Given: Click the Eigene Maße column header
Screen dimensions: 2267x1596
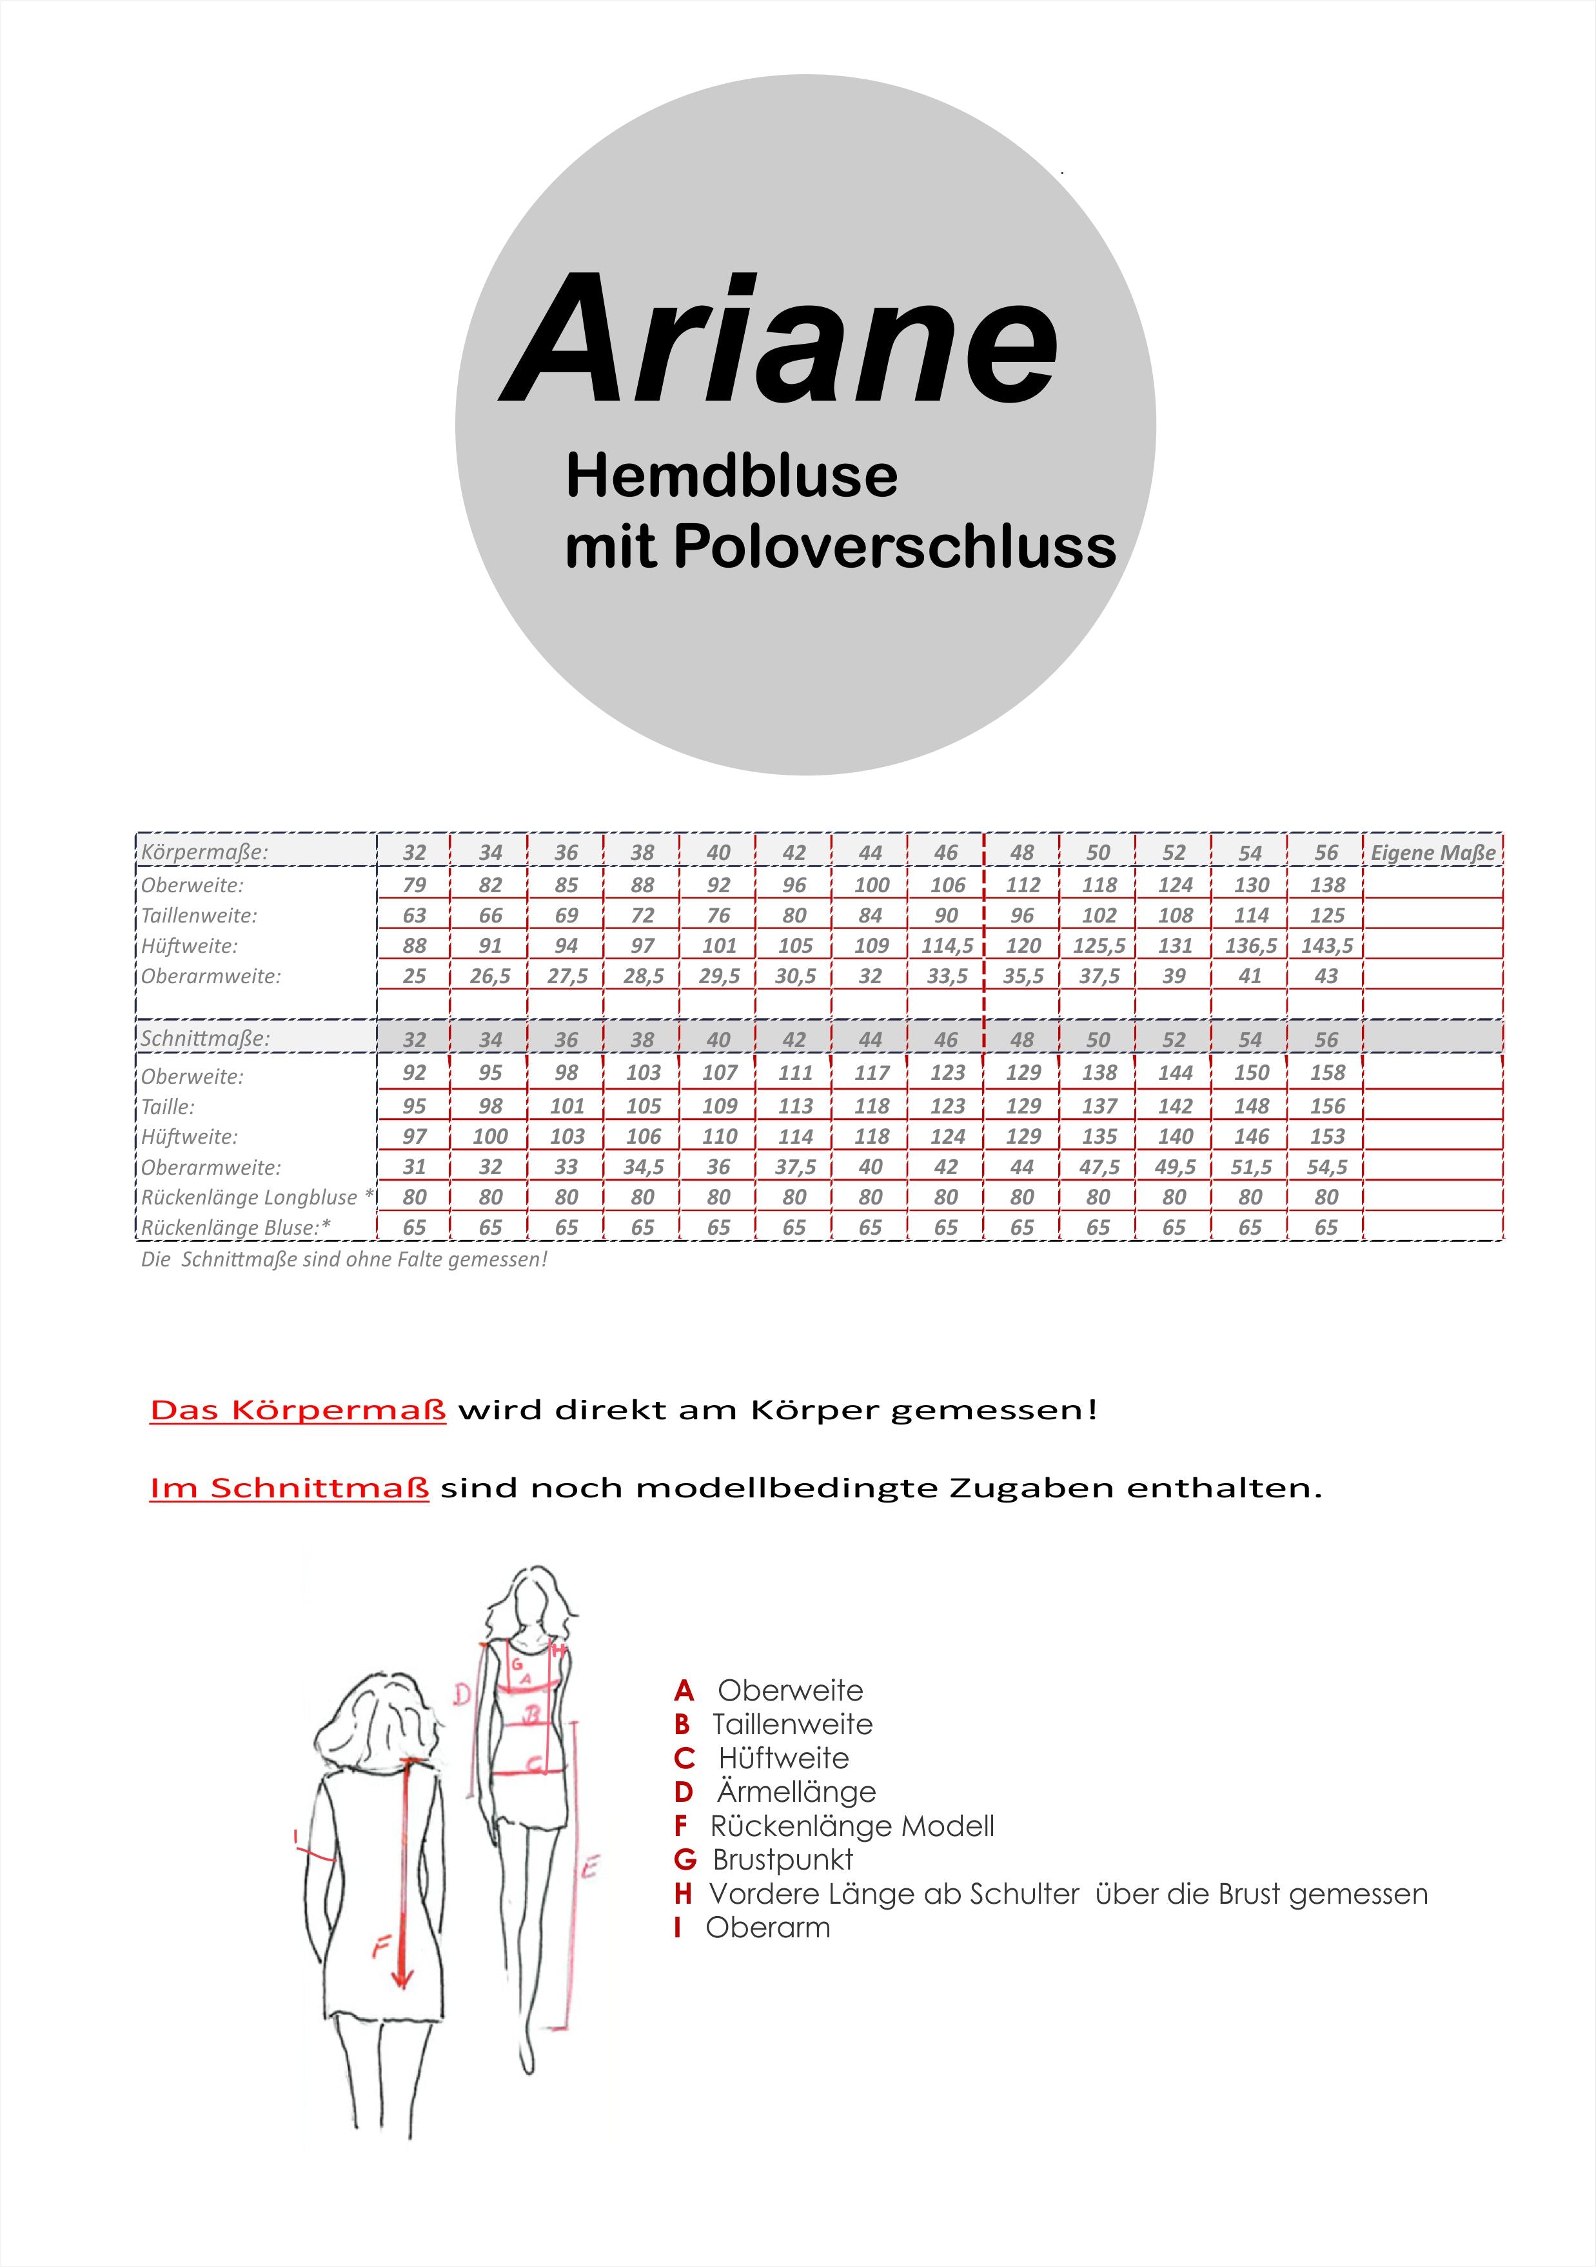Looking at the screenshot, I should (x=1432, y=852).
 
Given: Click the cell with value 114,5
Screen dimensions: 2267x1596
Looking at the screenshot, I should (x=947, y=946).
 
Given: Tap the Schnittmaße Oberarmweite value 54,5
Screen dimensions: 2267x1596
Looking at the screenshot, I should (x=1326, y=1167).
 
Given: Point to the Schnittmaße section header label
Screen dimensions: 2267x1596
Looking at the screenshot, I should (x=205, y=1039).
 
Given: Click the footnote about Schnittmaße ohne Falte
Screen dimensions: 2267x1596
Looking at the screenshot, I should (x=344, y=1260).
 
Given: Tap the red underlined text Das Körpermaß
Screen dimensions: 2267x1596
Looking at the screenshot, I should (x=298, y=1410).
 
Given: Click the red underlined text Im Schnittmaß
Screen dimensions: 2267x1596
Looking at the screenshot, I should (x=289, y=1487).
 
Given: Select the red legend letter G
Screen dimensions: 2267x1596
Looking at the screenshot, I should (x=685, y=1860).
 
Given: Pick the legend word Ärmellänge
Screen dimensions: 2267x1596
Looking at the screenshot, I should (x=796, y=1792).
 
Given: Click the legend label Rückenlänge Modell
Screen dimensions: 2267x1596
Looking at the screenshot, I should (x=852, y=1826).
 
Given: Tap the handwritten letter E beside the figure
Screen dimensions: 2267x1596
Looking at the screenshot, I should (x=589, y=1867).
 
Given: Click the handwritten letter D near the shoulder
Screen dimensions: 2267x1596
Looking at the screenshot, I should (x=462, y=1695).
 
